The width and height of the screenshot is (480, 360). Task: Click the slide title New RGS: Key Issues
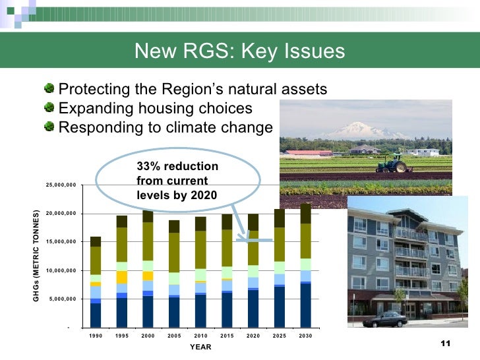tap(239, 51)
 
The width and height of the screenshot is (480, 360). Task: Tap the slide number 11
tap(444, 345)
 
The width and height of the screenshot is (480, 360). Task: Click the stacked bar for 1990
tap(96, 282)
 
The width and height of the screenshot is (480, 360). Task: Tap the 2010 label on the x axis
tap(200, 336)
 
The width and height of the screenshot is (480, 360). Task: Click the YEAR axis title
tap(200, 347)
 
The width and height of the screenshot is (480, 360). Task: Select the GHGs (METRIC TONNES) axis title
tap(36, 256)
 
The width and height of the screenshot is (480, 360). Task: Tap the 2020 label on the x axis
tap(253, 336)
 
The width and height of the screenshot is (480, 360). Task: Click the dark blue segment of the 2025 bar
tap(279, 307)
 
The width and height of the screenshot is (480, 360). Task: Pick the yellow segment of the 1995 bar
tap(122, 277)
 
